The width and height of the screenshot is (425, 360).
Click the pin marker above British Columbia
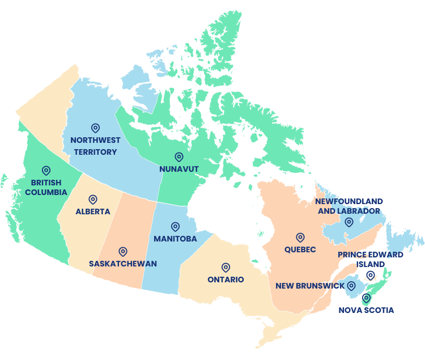point(46,170)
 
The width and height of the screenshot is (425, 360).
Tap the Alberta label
point(93,211)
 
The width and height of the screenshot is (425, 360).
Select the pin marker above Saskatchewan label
point(123,251)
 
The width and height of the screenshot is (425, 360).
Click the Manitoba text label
point(175,239)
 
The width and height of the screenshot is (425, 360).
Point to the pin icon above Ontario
point(226,267)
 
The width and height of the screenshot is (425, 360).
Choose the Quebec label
point(300,249)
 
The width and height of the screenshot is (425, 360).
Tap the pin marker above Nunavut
point(179,156)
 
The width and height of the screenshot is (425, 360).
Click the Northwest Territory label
point(95,146)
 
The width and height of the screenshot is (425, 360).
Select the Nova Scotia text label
point(366,310)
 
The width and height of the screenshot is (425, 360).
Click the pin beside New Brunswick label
point(351,286)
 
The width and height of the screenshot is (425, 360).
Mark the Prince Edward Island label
point(371,259)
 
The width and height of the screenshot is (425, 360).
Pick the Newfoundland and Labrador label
point(349,206)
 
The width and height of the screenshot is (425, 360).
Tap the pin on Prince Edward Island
point(371,275)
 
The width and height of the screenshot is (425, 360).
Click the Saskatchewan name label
point(123,264)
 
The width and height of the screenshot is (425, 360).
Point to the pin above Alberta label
point(93,200)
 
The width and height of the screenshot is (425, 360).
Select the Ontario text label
point(226,279)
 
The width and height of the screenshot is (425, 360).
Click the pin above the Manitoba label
point(175,227)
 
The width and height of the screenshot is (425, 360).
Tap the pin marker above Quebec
point(300,238)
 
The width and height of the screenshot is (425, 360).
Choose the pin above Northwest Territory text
point(95,128)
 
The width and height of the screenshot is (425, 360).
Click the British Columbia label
point(46,187)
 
